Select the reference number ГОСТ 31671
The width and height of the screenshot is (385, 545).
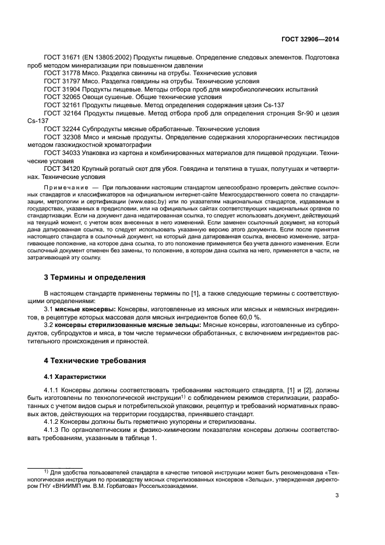(61, 59)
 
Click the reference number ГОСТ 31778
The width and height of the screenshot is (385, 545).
(61, 74)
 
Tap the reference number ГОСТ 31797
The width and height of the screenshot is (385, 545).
(61, 82)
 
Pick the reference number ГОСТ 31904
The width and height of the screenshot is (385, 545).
(61, 90)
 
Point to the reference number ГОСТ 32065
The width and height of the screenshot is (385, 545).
(61, 97)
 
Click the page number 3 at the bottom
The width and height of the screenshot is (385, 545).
(337, 497)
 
